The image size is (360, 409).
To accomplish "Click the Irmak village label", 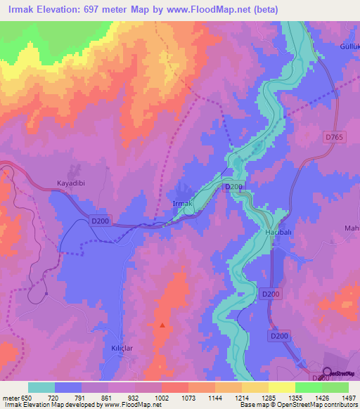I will pos(183,203).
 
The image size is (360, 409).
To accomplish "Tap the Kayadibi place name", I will pos(71,183).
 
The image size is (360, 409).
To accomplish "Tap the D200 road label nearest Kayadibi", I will pos(98,221).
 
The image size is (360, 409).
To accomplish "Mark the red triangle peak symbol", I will pos(162,325).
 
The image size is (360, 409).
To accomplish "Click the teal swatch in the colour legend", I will pos(41,387).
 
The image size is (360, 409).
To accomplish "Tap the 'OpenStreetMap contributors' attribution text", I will pos(319,405).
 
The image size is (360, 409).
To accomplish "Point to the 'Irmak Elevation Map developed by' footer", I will pos(49,405).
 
